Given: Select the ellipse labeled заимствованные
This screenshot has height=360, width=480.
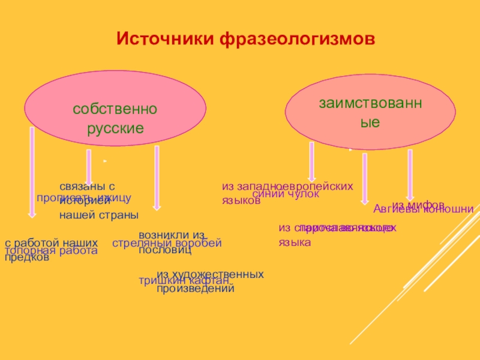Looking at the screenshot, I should pos(370,112).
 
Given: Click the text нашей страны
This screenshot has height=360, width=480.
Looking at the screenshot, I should pos(98,215).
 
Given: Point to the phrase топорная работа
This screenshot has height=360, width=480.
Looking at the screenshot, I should pos(51,251).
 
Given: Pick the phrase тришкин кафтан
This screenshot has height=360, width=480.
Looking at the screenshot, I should pos(184,281).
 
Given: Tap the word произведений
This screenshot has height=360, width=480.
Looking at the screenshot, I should pos(195,289).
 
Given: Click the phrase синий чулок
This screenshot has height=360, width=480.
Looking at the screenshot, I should pos(285,194).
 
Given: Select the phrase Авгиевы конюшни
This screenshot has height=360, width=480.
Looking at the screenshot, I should pos(424,209).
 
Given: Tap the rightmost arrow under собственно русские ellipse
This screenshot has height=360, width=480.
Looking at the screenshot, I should pos(157,178).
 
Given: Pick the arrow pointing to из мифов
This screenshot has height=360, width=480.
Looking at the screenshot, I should pos(410,174).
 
